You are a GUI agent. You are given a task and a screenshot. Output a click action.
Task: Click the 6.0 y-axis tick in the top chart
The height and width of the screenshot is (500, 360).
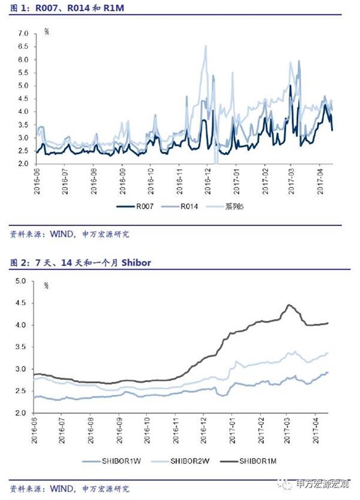(23, 60)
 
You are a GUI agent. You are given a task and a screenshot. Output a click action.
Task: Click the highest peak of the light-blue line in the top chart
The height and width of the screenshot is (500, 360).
(206, 46)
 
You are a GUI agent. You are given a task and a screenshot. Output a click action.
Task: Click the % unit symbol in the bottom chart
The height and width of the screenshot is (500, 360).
(46, 285)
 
